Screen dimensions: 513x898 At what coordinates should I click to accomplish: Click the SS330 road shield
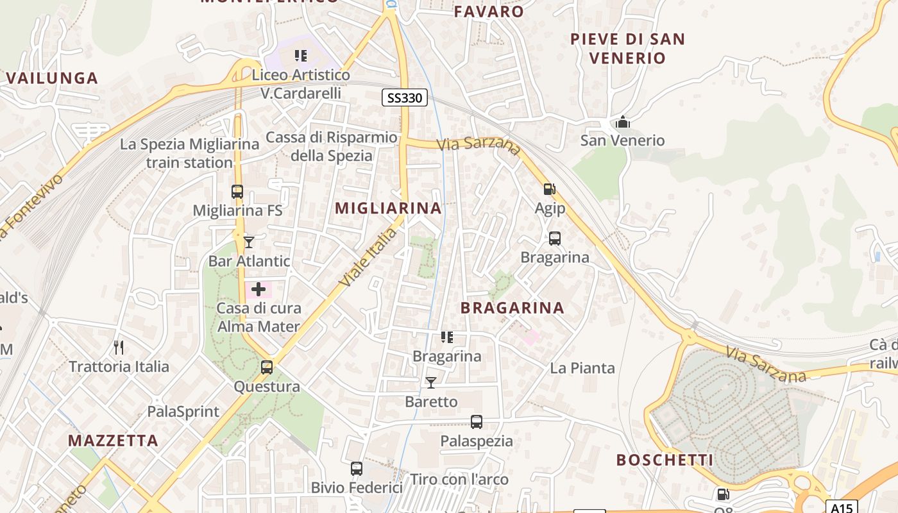[x=405, y=97]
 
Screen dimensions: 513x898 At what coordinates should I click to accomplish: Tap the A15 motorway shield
[x=841, y=507]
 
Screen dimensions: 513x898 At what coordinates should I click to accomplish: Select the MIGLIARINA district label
[x=388, y=208]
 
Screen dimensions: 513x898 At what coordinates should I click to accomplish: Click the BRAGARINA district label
[x=513, y=308]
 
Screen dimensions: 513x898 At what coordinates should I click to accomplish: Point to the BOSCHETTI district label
[x=665, y=460]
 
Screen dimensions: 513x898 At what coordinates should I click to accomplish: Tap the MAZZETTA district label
[x=113, y=441]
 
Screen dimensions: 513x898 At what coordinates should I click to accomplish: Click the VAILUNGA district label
[x=52, y=78]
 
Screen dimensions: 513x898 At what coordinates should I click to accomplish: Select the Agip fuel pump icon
[x=549, y=189]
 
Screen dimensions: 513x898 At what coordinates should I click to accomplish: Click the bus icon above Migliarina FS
[x=237, y=191]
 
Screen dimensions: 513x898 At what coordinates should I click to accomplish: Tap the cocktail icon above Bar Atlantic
[x=249, y=242]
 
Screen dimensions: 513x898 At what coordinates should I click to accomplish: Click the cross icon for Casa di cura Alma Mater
[x=258, y=290]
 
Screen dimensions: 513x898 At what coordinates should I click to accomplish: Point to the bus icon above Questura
[x=267, y=367]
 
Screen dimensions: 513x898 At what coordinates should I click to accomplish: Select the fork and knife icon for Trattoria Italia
[x=118, y=348]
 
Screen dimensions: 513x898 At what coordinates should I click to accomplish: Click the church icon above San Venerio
[x=622, y=121]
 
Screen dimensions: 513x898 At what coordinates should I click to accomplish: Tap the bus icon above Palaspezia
[x=476, y=422]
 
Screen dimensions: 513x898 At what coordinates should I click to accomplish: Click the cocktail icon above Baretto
[x=431, y=383]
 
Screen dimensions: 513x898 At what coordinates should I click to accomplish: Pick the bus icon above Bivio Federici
[x=357, y=469]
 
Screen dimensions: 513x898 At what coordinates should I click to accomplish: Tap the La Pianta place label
[x=582, y=368]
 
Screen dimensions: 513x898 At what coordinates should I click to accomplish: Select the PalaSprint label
[x=183, y=412]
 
